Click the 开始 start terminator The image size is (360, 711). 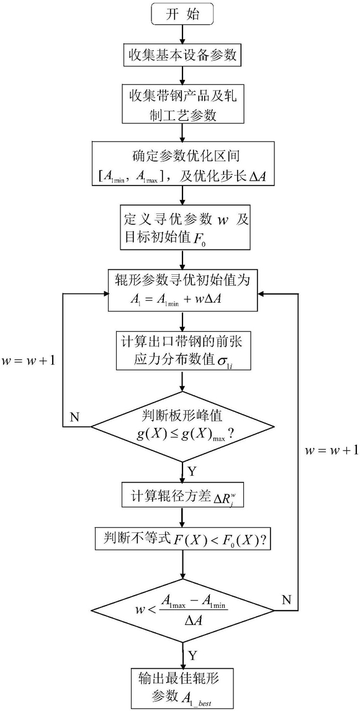coord(182,15)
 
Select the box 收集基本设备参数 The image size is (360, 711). coord(182,58)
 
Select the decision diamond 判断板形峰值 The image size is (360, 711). coord(182,426)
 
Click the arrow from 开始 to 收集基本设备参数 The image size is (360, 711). coord(182,35)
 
